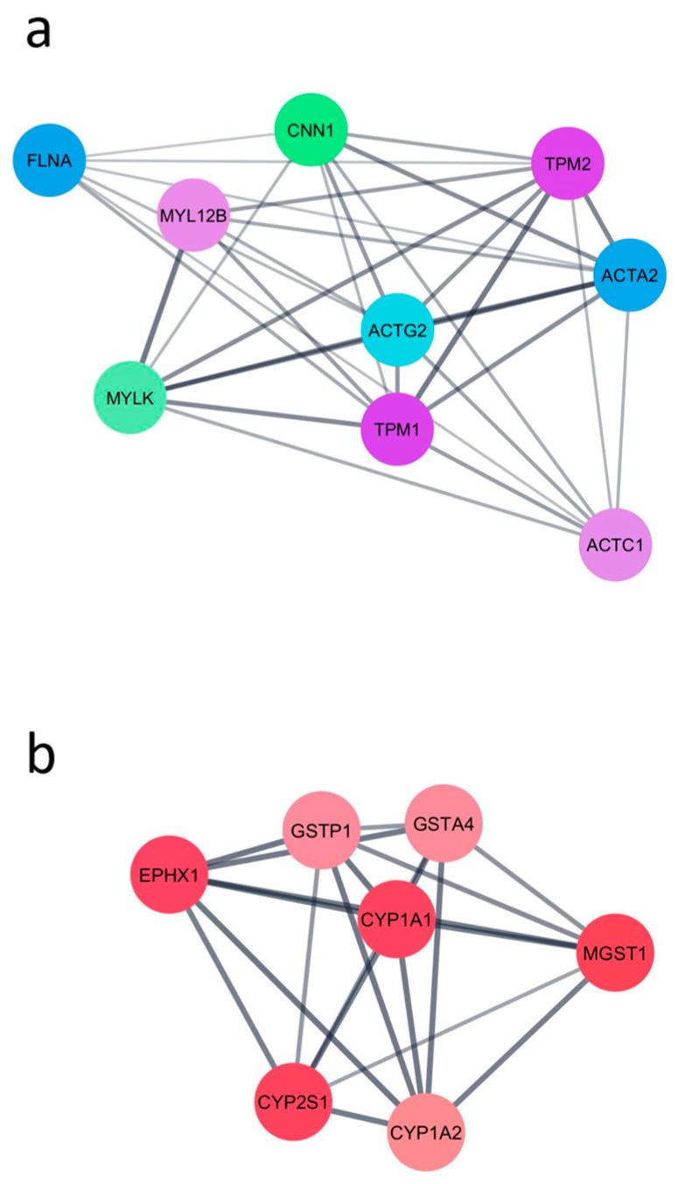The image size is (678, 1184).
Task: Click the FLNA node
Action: tap(49, 160)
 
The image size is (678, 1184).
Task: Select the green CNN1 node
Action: tap(311, 132)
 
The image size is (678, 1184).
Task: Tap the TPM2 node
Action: tap(569, 164)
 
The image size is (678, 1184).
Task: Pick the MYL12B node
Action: tap(193, 214)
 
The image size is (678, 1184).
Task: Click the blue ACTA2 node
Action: tap(630, 274)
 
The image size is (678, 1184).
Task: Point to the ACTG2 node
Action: tap(397, 330)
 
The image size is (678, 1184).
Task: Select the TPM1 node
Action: tap(398, 429)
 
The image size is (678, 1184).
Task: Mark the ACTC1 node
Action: tap(616, 544)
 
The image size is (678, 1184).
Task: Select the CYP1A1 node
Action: tap(398, 918)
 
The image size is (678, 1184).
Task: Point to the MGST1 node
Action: tap(615, 953)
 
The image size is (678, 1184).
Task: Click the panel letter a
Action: tap(38, 32)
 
